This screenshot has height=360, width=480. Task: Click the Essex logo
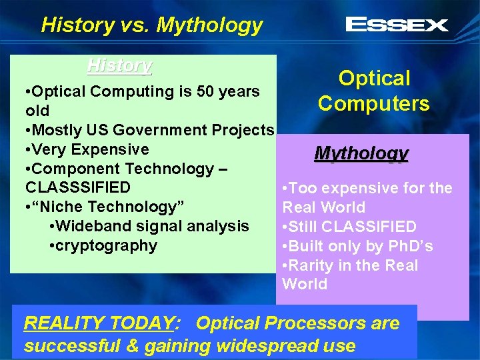coord(397,25)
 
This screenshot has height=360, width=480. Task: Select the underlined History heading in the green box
coord(120,66)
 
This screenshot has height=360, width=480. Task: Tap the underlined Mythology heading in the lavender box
coord(361,154)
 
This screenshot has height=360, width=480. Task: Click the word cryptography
coord(103,245)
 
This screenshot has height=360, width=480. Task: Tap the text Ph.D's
coord(408,246)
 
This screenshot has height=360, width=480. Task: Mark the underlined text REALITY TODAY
coord(99,324)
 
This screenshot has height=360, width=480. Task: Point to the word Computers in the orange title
coord(373,104)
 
